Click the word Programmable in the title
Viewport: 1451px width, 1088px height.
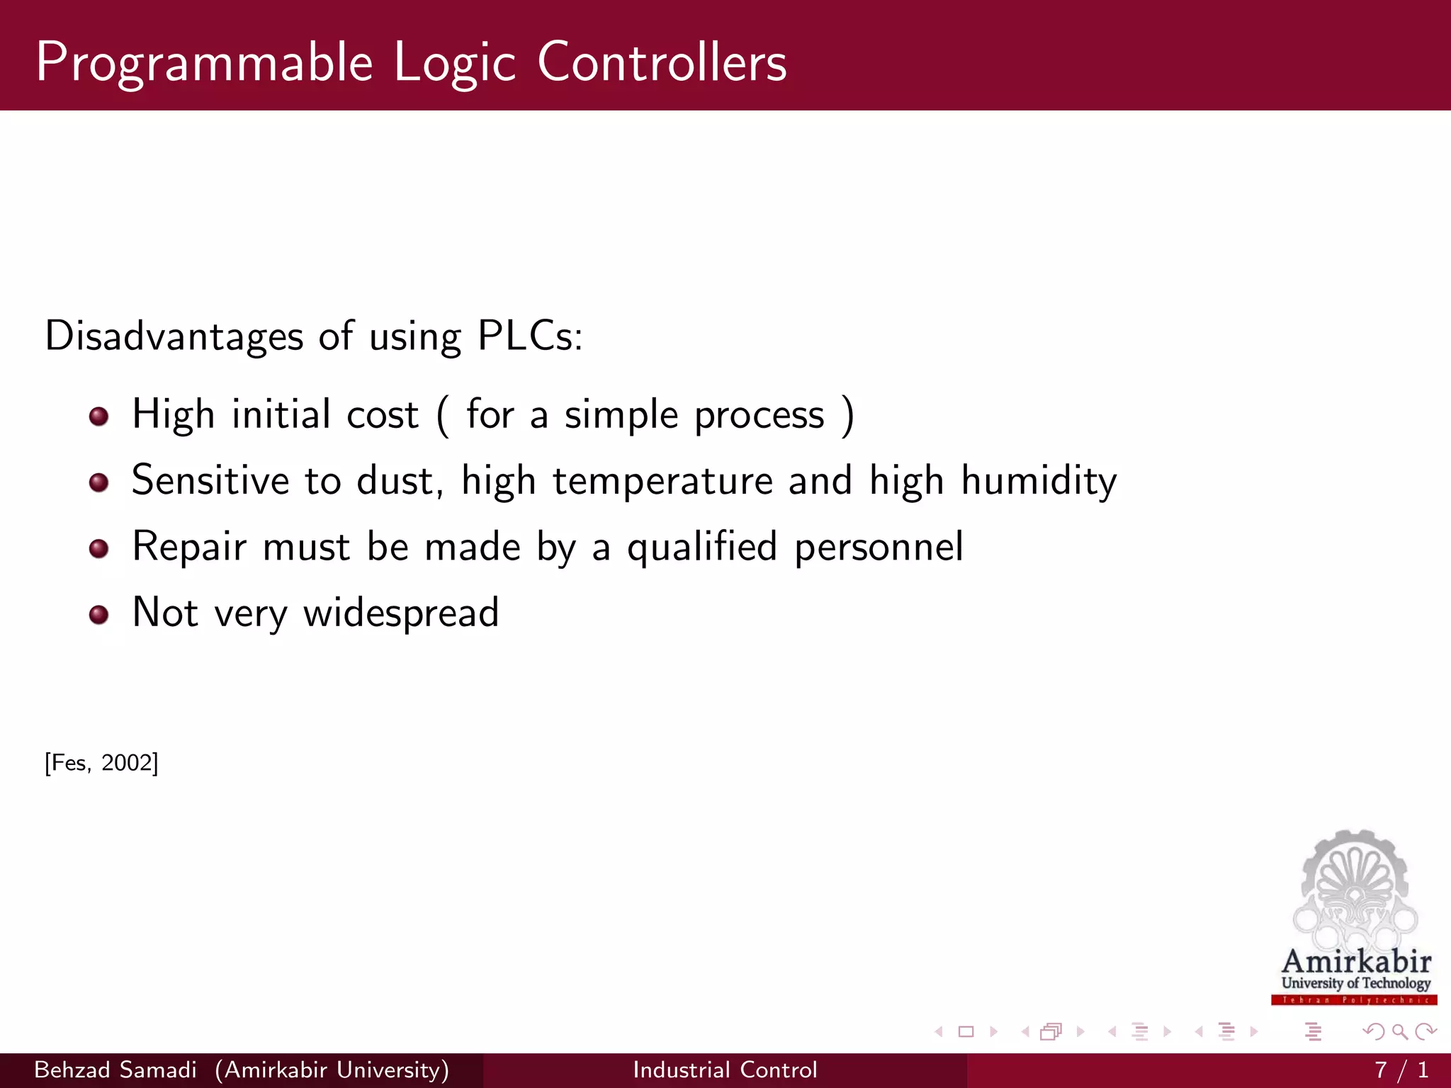click(204, 64)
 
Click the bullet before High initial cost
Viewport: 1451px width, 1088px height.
click(98, 416)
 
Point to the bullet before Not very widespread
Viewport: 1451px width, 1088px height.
click(98, 614)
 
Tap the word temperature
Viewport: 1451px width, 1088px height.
click(662, 482)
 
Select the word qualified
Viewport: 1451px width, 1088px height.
click(702, 548)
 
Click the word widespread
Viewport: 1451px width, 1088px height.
click(401, 613)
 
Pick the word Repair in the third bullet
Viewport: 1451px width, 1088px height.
click(189, 548)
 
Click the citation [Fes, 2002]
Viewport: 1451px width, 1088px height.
click(101, 763)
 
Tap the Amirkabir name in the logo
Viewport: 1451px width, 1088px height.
click(1356, 961)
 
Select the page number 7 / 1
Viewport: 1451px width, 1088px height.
click(1401, 1070)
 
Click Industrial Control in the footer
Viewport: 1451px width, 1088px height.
click(725, 1070)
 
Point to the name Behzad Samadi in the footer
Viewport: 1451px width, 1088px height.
click(115, 1070)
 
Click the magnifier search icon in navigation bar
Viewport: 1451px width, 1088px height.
click(1399, 1031)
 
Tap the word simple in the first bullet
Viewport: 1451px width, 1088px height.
click(621, 415)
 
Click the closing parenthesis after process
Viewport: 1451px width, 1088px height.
click(847, 415)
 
